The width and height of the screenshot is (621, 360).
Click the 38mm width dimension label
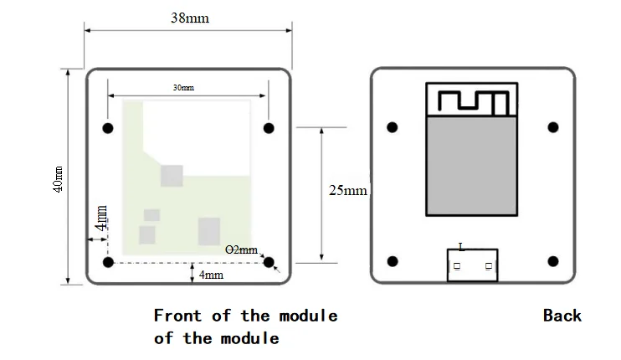[190, 18]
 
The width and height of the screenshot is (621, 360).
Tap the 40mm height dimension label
[58, 179]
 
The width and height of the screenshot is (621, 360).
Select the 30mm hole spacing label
[183, 88]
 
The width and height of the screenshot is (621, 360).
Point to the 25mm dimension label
[348, 191]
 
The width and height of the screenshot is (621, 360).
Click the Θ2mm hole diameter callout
[241, 249]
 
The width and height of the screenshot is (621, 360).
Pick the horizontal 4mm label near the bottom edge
[211, 275]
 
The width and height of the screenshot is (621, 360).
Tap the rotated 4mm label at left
[101, 219]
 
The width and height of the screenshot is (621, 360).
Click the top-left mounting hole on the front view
[108, 128]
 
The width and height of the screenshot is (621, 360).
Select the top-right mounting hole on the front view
[269, 128]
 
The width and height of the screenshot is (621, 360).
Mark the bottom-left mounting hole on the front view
[108, 262]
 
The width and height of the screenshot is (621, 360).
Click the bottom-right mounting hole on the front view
[269, 262]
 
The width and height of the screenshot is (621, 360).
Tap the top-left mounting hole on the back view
[392, 127]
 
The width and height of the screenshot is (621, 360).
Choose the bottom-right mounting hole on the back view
[553, 261]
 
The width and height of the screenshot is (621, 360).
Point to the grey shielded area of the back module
[472, 166]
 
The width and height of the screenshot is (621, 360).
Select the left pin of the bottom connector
[457, 265]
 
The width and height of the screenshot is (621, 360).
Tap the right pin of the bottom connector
[489, 265]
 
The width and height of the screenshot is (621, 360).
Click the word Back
[562, 316]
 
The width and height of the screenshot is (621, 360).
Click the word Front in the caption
[177, 316]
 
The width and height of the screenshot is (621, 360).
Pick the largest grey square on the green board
[209, 231]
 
